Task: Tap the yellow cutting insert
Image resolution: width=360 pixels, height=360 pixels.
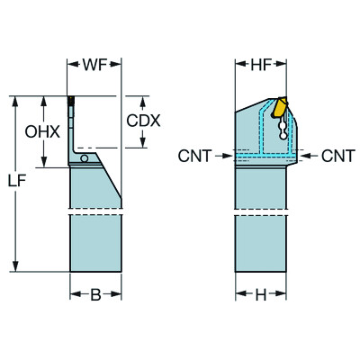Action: pos(279,109)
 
